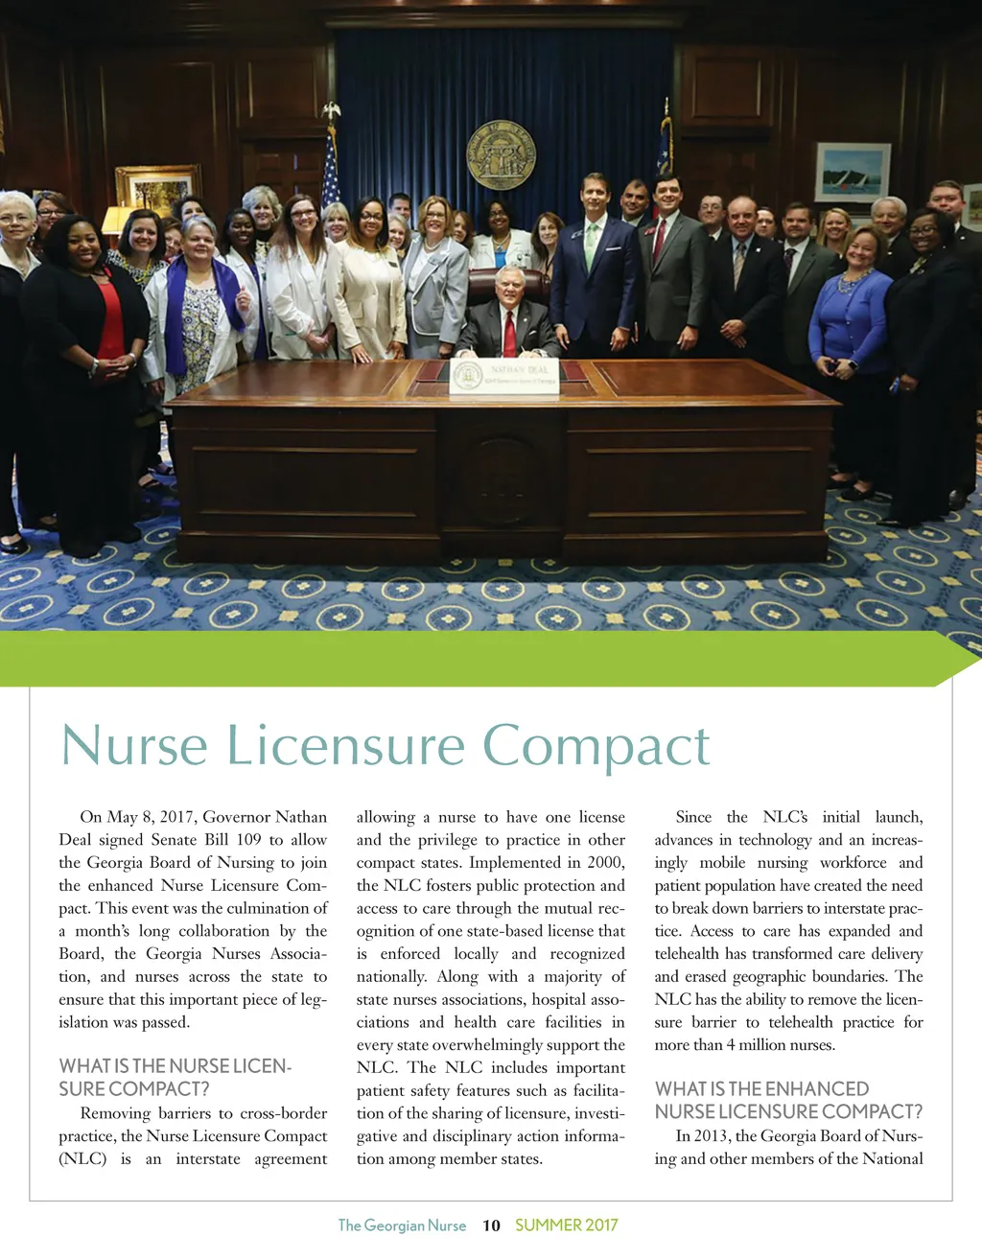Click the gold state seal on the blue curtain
501,153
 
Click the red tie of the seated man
509,332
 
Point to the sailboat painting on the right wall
853,173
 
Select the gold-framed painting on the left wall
157,188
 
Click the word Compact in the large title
596,746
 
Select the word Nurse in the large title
134,746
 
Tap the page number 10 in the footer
491,1225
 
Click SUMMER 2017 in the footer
567,1225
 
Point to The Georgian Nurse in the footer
402,1225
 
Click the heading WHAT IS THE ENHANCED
761,1089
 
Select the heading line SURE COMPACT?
134,1089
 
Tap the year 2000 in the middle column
604,863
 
